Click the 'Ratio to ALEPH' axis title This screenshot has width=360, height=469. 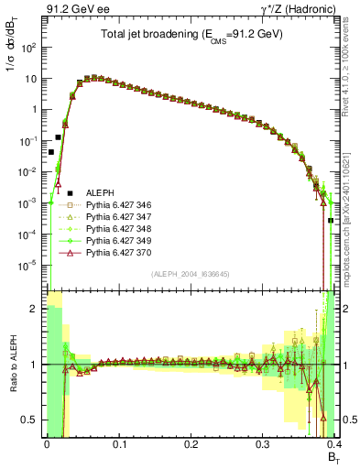[x=12, y=364]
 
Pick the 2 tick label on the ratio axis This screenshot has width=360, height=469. [x=33, y=310]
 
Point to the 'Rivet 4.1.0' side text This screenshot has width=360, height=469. [x=349, y=78]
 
